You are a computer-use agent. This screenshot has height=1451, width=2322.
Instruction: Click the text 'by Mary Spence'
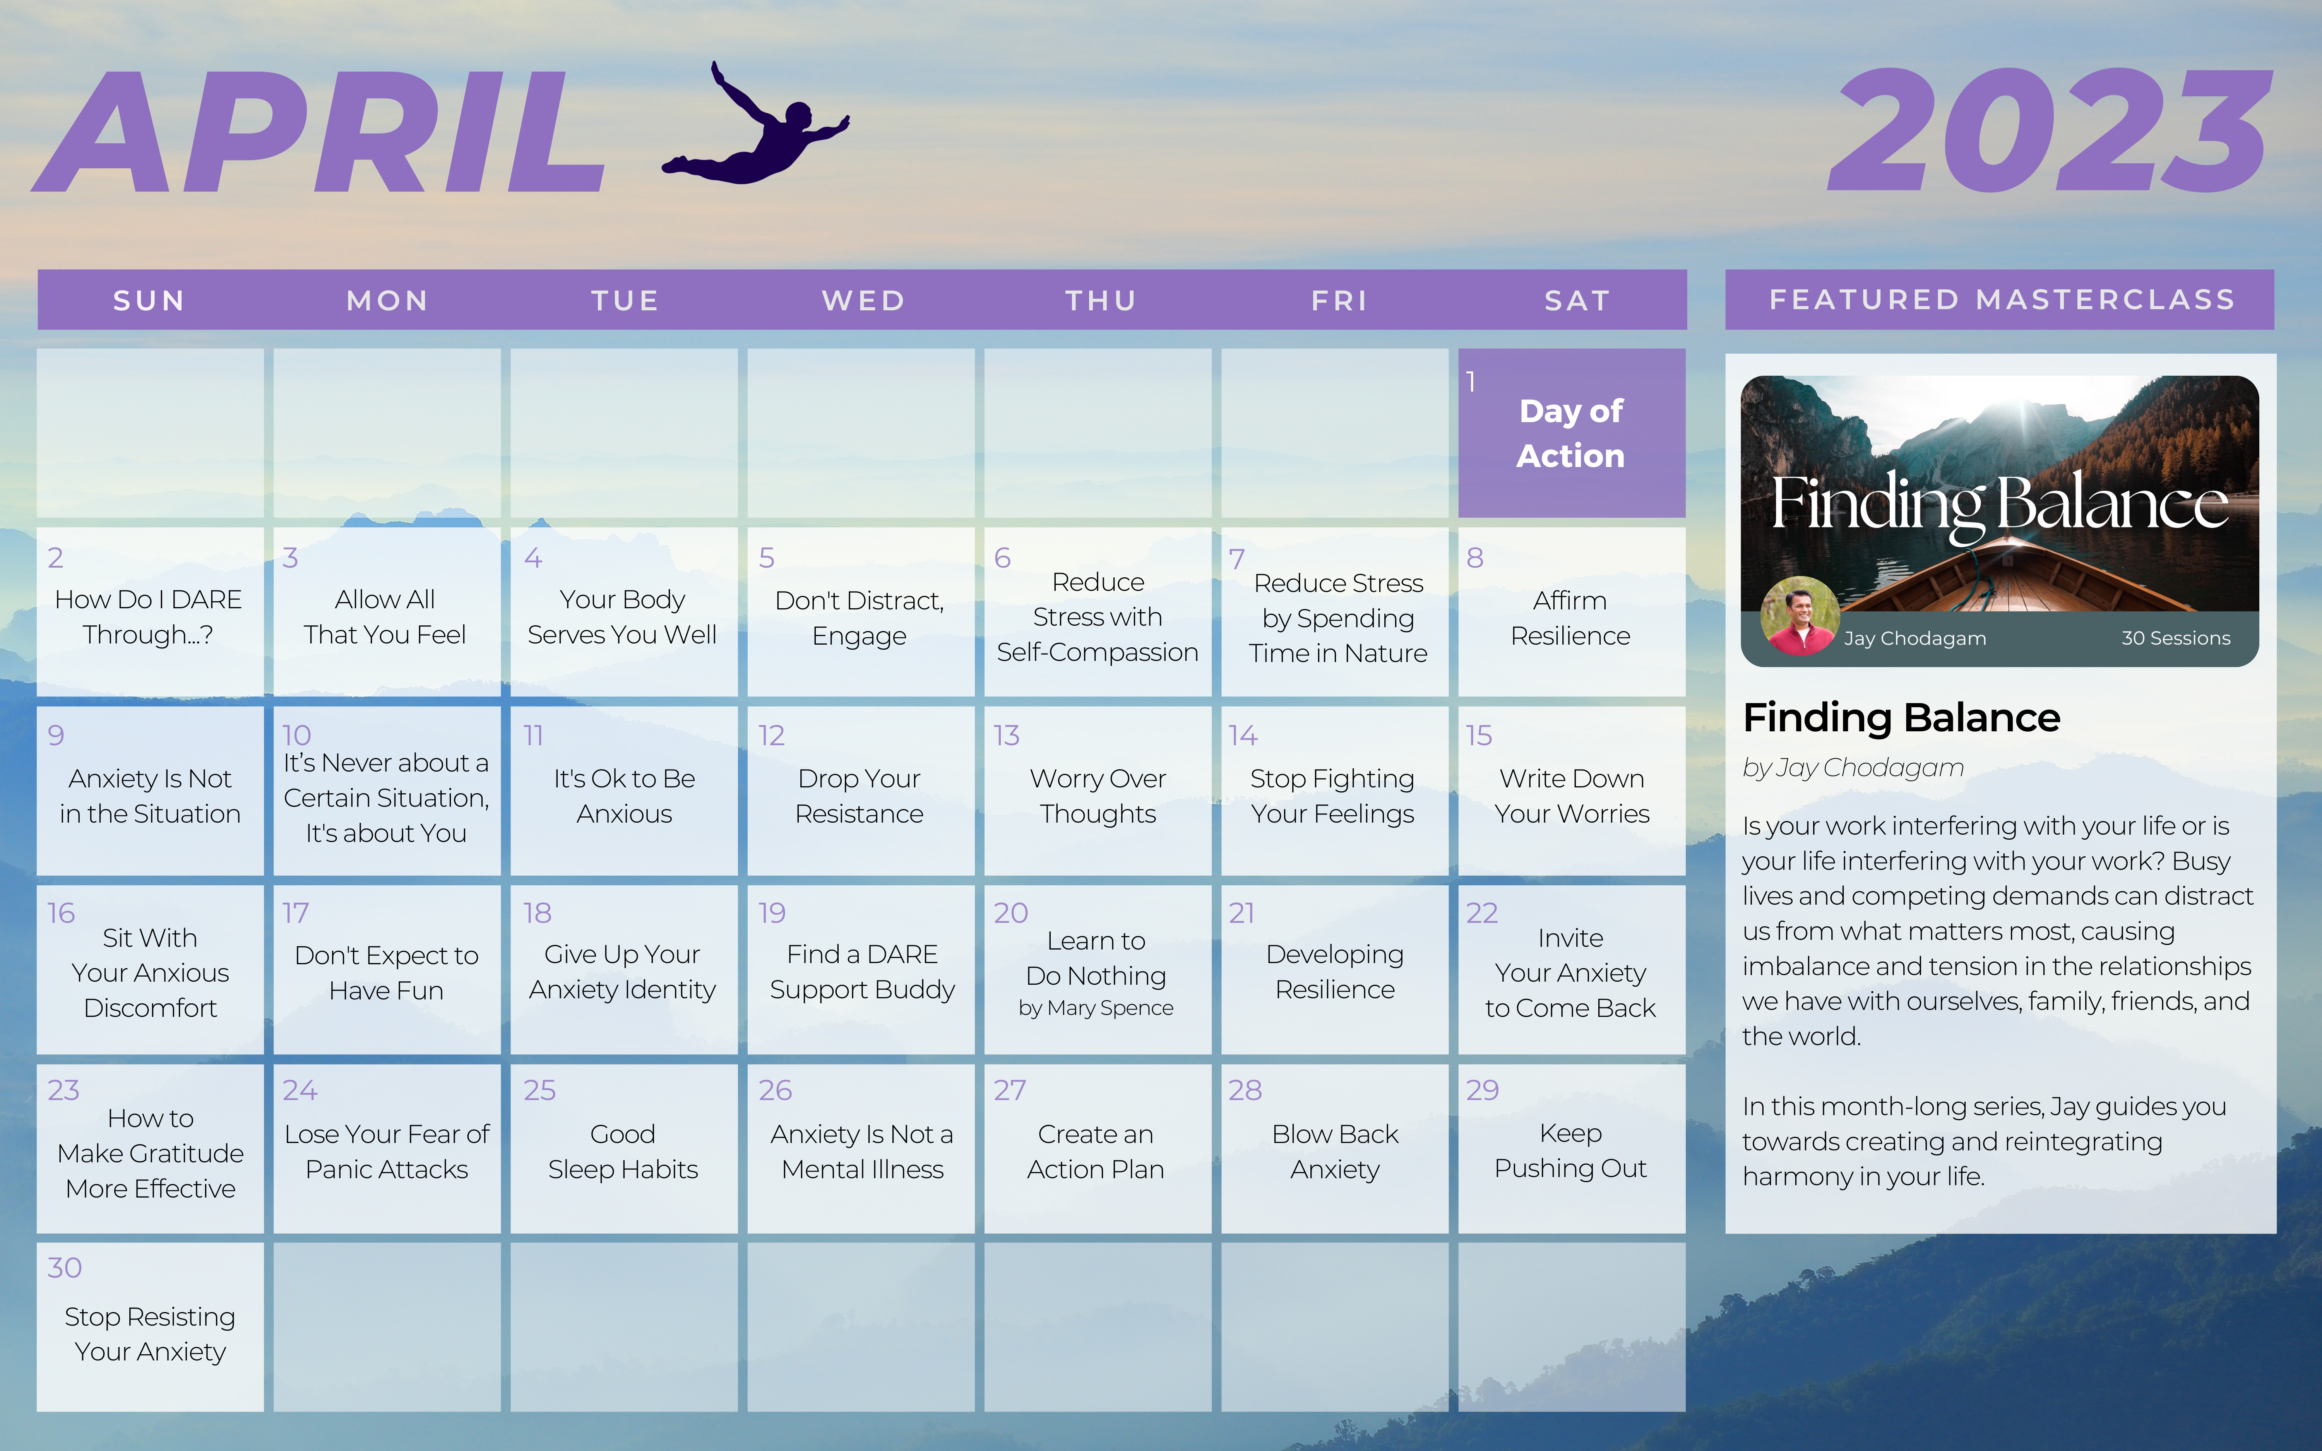[x=1096, y=1008]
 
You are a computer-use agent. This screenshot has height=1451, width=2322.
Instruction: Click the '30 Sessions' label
[x=2175, y=638]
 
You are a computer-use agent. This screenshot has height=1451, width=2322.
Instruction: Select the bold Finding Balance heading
[x=1901, y=717]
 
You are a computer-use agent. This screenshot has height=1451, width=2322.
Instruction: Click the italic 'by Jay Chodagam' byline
[x=1853, y=768]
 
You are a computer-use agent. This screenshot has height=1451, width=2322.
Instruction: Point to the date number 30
[x=64, y=1268]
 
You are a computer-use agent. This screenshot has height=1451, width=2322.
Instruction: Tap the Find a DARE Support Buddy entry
[x=861, y=971]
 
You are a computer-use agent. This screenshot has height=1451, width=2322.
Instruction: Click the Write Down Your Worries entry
[x=1572, y=796]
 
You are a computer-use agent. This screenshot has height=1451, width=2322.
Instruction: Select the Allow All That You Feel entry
[x=385, y=617]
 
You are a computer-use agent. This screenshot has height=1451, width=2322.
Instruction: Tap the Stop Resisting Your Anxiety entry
[x=150, y=1334]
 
